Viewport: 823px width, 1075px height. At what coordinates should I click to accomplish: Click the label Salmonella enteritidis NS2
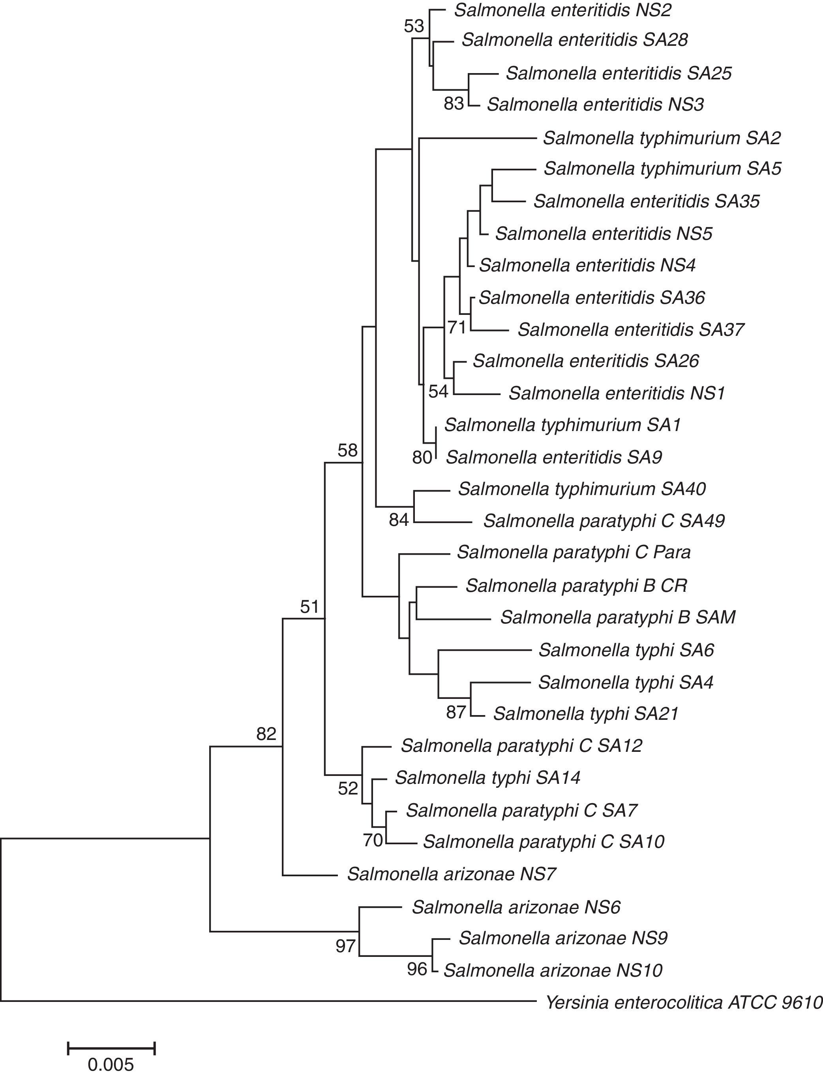(562, 10)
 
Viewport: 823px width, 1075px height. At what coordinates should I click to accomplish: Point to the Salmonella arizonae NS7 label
(452, 874)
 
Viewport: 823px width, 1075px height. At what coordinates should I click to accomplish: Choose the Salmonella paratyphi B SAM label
(618, 617)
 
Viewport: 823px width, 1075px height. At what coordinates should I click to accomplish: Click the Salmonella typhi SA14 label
(487, 778)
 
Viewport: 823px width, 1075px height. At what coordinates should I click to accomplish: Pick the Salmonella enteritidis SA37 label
(631, 329)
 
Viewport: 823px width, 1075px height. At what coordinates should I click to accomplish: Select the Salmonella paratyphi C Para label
(574, 552)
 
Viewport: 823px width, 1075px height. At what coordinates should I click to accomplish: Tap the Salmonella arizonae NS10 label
(553, 971)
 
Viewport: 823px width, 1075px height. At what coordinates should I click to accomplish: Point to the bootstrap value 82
(266, 734)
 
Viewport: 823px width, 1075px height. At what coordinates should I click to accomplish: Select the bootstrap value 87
(456, 712)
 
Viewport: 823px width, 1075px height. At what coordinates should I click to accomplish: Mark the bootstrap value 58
(348, 450)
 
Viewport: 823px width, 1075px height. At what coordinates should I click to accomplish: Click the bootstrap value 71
(457, 327)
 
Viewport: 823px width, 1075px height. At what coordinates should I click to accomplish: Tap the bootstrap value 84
(399, 520)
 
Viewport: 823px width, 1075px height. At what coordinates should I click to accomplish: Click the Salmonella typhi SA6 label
(626, 650)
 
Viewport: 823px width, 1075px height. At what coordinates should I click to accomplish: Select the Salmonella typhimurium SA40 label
(581, 489)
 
